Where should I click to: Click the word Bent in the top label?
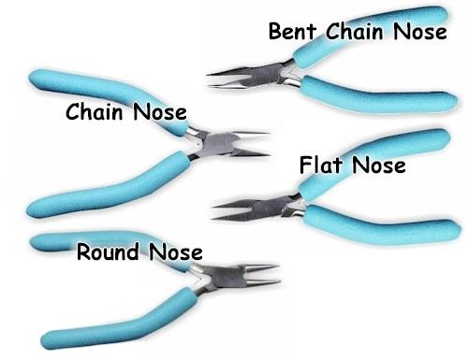click(x=292, y=31)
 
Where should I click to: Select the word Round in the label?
click(x=108, y=252)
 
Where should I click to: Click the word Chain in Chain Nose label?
click(x=95, y=111)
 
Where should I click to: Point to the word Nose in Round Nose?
click(x=176, y=252)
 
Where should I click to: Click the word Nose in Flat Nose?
click(x=379, y=165)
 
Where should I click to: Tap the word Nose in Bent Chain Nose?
click(x=420, y=31)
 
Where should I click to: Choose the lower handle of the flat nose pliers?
click(x=382, y=224)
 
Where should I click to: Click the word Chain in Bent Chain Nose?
click(x=355, y=31)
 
